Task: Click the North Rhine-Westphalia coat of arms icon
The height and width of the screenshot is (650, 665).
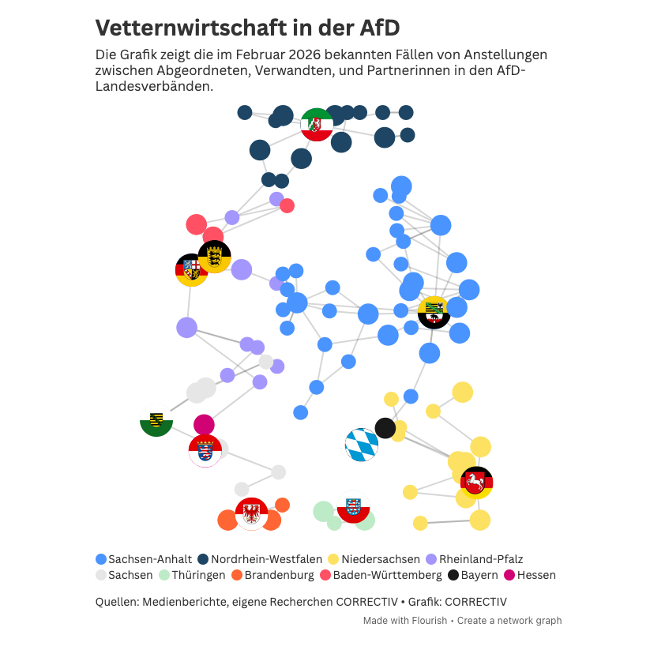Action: (x=317, y=125)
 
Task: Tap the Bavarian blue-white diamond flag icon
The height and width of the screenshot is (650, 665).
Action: (x=362, y=445)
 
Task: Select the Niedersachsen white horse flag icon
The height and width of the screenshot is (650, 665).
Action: (x=476, y=482)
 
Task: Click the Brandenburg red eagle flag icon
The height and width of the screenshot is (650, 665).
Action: (x=252, y=514)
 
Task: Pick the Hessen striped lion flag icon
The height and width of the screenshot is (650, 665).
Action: (x=205, y=451)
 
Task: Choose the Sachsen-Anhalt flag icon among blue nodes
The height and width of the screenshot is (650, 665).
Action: (x=434, y=312)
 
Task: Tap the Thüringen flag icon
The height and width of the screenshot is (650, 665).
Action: (x=353, y=507)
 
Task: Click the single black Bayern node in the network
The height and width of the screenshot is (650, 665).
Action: (x=385, y=428)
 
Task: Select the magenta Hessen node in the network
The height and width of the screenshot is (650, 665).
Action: (x=204, y=424)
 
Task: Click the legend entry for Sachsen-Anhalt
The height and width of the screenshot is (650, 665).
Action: (x=144, y=559)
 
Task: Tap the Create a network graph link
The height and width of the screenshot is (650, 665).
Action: (x=509, y=621)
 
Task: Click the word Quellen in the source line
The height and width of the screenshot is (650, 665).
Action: (x=117, y=602)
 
